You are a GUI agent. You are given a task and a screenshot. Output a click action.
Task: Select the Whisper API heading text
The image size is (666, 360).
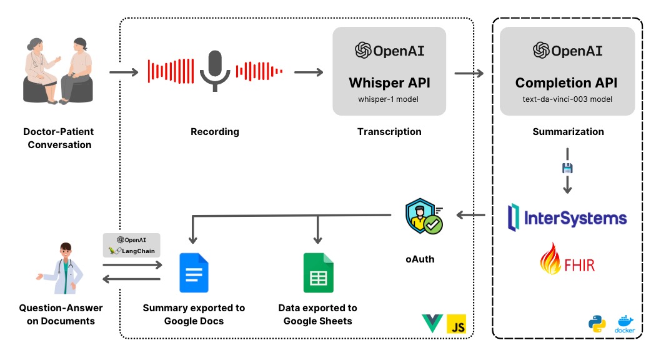coord(389,83)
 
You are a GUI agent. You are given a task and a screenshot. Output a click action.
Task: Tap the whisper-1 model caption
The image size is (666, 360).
coord(389,99)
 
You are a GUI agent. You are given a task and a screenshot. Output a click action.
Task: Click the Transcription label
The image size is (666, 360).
coord(389,132)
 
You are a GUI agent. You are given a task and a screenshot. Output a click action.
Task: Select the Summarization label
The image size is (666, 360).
coord(568,132)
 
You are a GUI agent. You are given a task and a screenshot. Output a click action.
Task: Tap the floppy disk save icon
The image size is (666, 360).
coord(568,168)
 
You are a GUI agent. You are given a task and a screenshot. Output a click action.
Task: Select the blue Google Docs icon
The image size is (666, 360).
coord(194,273)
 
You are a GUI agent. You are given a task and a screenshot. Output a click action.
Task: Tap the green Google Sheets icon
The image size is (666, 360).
coord(318,273)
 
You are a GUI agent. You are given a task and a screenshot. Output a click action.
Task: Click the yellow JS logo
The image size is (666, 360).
coord(457,323)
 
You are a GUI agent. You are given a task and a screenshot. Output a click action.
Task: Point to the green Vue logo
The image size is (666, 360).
coord(433,323)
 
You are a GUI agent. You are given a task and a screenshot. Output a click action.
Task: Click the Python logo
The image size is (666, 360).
coord(597,323)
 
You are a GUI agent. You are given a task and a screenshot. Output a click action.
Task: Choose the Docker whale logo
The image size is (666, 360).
coord(625,323)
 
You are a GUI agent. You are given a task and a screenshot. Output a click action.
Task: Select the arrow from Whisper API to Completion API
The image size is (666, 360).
coord(469,73)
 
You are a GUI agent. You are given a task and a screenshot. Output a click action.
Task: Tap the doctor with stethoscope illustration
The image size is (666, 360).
coord(62,269)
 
